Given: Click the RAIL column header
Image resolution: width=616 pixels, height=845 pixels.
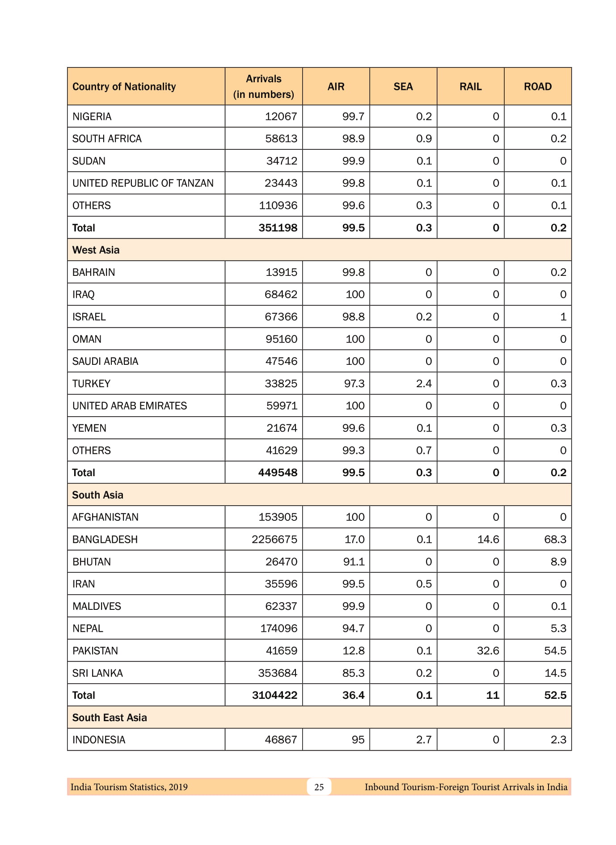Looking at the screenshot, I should tap(470, 86).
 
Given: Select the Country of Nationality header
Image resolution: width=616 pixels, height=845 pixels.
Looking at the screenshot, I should tap(124, 86).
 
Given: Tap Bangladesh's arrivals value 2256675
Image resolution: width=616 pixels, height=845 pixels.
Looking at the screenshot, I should tap(274, 539).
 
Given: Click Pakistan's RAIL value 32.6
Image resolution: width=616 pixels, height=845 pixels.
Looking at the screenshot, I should tap(488, 651).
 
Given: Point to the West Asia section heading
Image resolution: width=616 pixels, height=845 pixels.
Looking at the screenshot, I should tap(96, 250).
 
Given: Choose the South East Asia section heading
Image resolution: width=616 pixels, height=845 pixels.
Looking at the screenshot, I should tap(110, 718).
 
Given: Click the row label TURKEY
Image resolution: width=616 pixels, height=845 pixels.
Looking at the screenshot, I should tap(91, 384).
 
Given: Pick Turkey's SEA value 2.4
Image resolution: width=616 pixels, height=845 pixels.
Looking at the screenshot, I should tap(424, 384).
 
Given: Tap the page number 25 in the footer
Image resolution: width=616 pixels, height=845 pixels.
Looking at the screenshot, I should tap(319, 787).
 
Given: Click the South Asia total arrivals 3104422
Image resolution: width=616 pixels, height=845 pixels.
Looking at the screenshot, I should tap(274, 695).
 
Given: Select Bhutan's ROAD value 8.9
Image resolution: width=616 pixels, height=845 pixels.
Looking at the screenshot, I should tap(558, 562).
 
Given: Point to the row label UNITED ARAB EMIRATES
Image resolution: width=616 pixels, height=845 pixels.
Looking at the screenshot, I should tap(130, 406).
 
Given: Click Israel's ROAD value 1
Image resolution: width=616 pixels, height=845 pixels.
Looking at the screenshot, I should tap(563, 317).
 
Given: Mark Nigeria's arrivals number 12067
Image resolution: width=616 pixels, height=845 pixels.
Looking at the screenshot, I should tap(281, 117).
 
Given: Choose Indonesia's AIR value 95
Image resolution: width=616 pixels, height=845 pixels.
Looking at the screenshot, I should tap(358, 740).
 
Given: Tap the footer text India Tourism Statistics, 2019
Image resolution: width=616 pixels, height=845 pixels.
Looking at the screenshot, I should tap(129, 787).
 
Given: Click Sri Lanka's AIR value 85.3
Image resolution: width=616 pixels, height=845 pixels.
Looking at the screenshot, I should tap(353, 673).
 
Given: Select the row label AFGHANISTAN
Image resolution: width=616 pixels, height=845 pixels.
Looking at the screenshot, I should tap(105, 517).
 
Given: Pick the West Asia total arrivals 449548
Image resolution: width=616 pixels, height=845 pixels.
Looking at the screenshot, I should tap(278, 473).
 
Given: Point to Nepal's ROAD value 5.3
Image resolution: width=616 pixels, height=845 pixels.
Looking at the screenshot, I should tap(558, 629).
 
